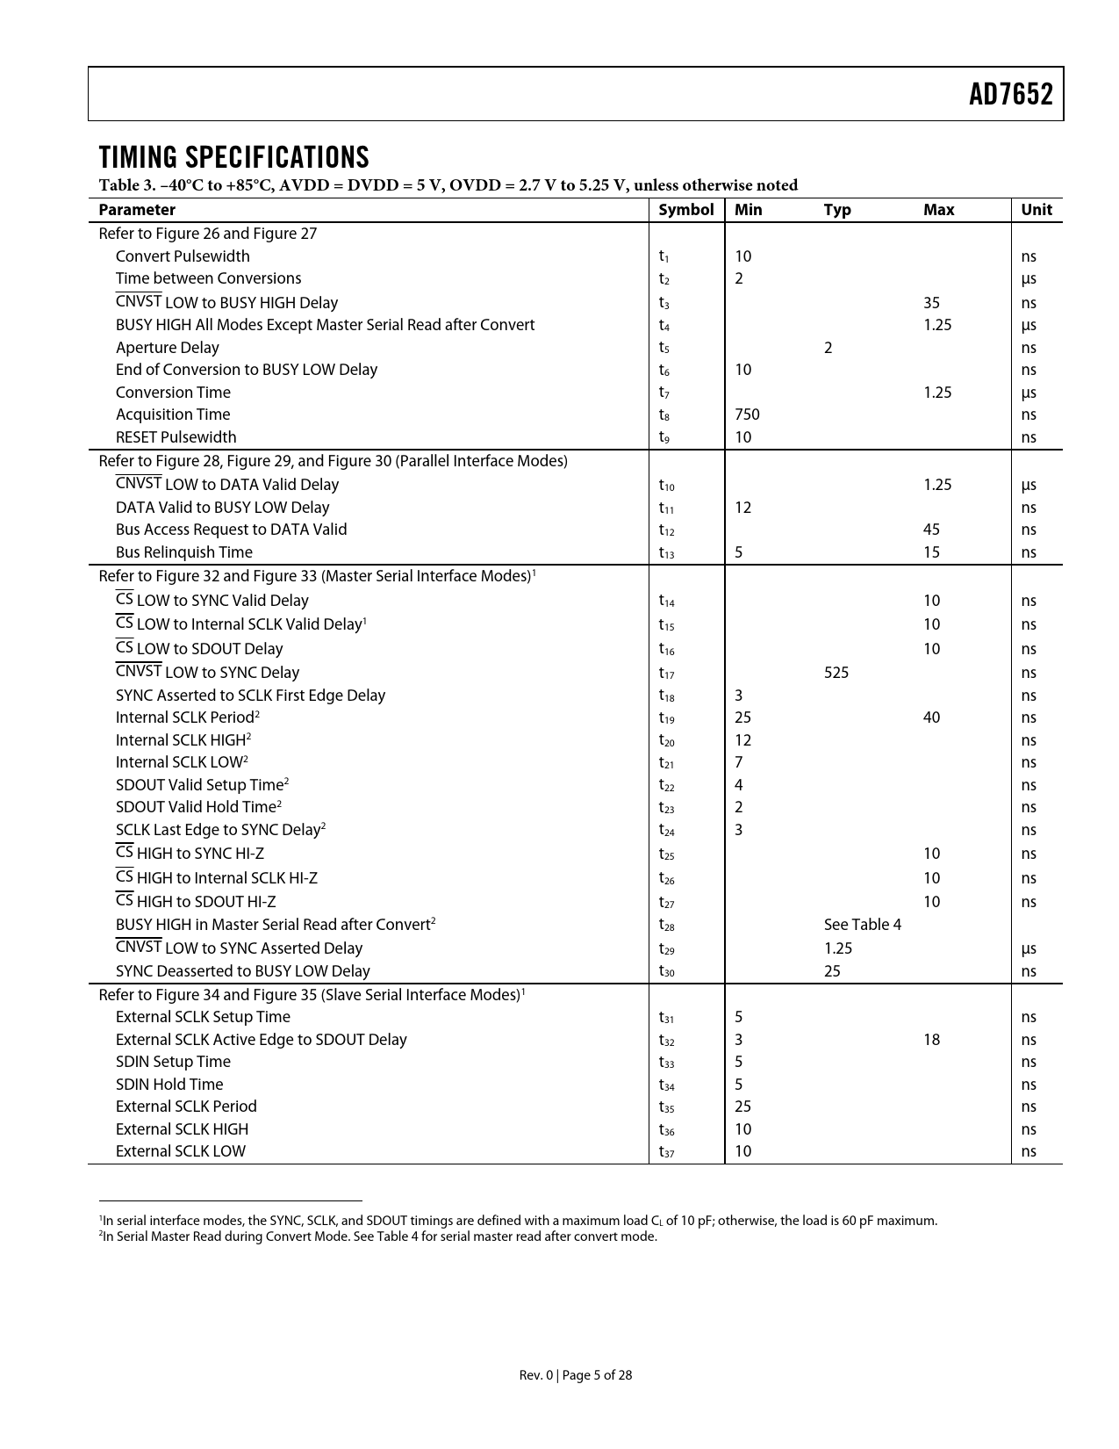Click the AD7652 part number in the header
pyautogui.click(x=1010, y=95)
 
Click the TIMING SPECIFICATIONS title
pyautogui.click(x=233, y=157)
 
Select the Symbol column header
pyautogui.click(x=685, y=210)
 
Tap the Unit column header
pyautogui.click(x=1036, y=210)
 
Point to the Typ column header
pyautogui.click(x=837, y=210)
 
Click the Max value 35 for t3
pyautogui.click(x=931, y=303)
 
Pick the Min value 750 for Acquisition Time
pyautogui.click(x=747, y=415)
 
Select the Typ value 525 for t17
pyautogui.click(x=836, y=673)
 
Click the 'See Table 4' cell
pyautogui.click(x=862, y=925)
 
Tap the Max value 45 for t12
pyautogui.click(x=931, y=530)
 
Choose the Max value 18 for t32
pyautogui.click(x=931, y=1040)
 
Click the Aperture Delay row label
pyautogui.click(x=167, y=348)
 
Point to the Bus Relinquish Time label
pyautogui.click(x=183, y=552)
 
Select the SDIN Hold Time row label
pyautogui.click(x=169, y=1085)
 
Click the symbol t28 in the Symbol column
pyautogui.click(x=666, y=926)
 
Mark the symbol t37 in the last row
pyautogui.click(x=666, y=1152)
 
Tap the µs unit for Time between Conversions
pyautogui.click(x=1028, y=279)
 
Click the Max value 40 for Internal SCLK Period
pyautogui.click(x=931, y=717)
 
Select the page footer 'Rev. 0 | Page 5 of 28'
pyautogui.click(x=575, y=1375)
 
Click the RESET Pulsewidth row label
pyautogui.click(x=176, y=437)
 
